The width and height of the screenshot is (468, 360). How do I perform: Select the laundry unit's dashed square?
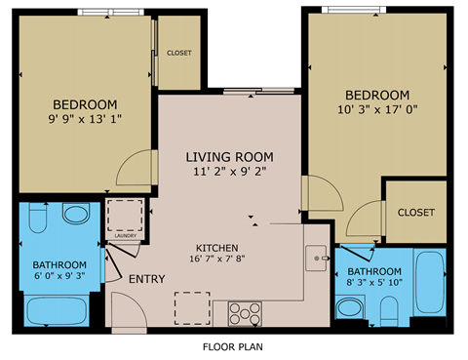tap(124, 215)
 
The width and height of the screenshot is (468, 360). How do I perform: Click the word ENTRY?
tap(147, 280)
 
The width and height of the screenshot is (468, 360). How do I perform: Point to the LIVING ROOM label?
tap(230, 156)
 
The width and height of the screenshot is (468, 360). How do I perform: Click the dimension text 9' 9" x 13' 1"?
tap(85, 121)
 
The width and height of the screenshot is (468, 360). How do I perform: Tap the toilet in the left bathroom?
tap(37, 220)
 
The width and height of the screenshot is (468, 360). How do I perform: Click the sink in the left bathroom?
tap(74, 215)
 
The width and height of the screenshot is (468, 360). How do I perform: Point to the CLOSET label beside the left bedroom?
tap(178, 54)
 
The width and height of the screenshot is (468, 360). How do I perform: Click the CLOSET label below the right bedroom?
tap(415, 212)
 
